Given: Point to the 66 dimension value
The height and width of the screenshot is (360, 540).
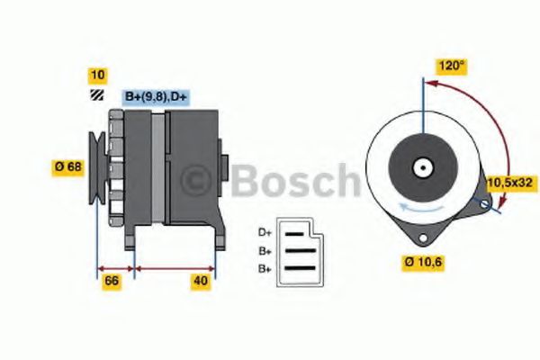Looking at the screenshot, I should (x=112, y=282).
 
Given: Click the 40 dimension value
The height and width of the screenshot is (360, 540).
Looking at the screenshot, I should (x=201, y=282).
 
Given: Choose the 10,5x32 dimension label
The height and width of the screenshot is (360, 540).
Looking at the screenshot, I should (x=510, y=183).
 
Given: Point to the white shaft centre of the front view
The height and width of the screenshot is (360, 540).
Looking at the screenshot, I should (x=421, y=167).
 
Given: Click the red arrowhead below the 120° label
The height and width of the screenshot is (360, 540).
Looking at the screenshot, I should (x=430, y=84).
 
